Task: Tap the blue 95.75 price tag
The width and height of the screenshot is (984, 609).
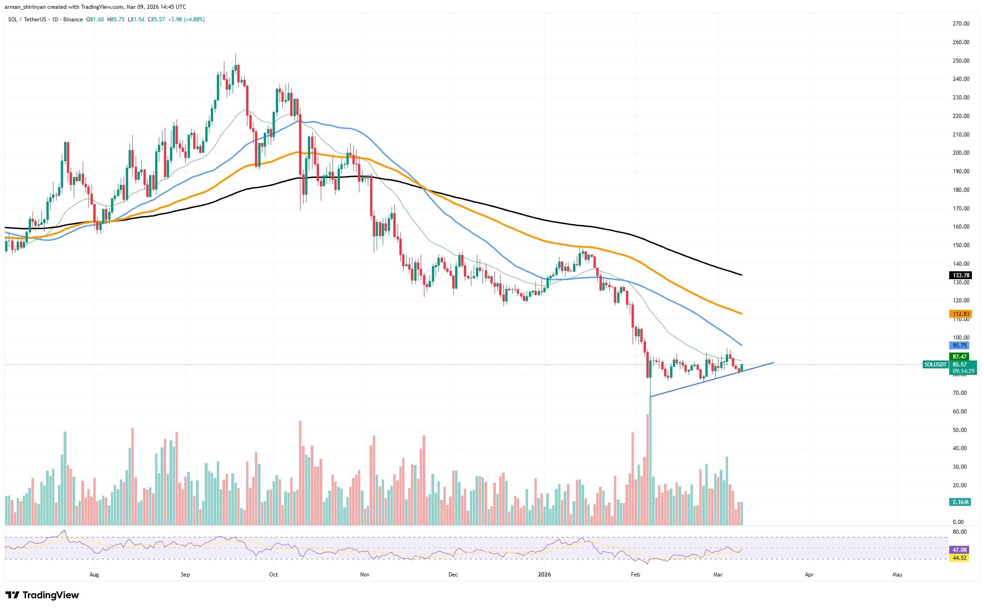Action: click(x=959, y=346)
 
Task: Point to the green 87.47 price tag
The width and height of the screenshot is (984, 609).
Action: click(x=959, y=357)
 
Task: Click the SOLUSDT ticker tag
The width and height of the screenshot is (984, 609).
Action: click(x=935, y=365)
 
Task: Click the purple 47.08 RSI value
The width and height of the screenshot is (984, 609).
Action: click(x=959, y=549)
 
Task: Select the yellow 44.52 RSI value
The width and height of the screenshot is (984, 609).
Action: click(x=959, y=557)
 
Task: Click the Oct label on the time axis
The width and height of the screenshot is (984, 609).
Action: click(x=274, y=575)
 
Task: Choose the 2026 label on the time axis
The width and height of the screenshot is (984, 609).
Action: click(x=544, y=575)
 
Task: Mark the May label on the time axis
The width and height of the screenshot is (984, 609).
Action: click(x=897, y=575)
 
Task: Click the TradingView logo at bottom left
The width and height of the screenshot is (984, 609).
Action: click(x=42, y=595)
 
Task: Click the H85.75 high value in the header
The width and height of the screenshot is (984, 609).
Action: click(x=116, y=20)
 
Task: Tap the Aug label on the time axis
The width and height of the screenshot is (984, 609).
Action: click(x=94, y=575)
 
